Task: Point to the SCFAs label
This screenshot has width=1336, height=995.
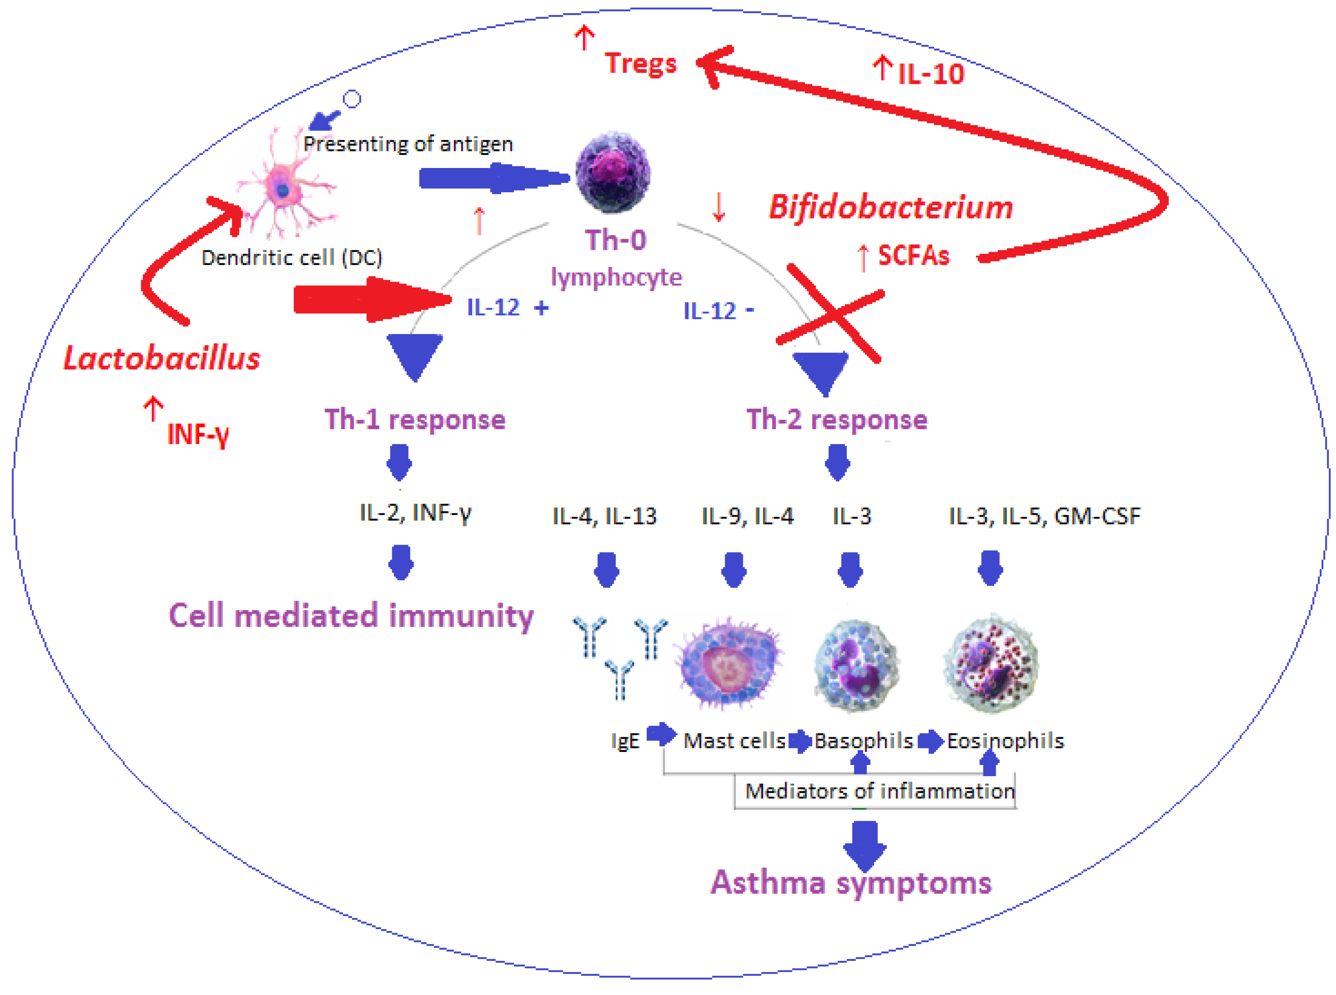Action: pos(913,255)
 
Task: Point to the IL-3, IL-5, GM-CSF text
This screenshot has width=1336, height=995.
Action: pos(1044,516)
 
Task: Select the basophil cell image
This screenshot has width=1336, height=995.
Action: pos(856,666)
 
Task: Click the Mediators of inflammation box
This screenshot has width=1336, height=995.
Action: pos(879,791)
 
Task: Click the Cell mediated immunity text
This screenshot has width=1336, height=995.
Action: pos(351,616)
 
